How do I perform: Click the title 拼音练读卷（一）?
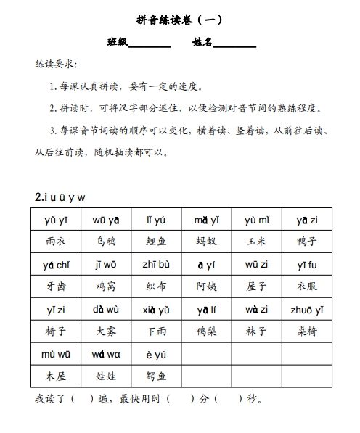tap(179, 20)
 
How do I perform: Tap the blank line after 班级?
tap(149, 44)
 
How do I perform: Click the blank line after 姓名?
tap(234, 44)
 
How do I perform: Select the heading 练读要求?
tap(56, 65)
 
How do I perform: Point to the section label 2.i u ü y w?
tap(60, 197)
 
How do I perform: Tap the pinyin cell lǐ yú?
tap(155, 220)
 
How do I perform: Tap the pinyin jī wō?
tap(105, 265)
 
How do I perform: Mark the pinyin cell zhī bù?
tap(155, 265)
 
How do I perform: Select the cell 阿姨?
tap(206, 286)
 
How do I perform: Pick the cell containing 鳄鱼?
tap(155, 376)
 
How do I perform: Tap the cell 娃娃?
tap(105, 376)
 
